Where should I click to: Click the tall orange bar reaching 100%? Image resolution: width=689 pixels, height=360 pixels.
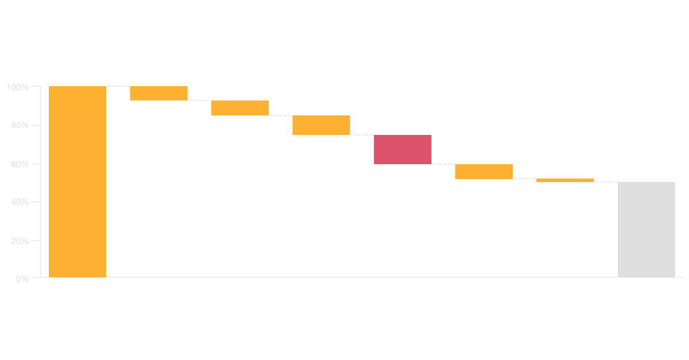(x=78, y=181)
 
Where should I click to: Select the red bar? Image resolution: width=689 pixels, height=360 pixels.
(x=402, y=149)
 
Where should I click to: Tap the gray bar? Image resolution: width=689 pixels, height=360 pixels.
(x=646, y=230)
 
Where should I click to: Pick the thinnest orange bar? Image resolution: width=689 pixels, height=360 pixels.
(x=565, y=180)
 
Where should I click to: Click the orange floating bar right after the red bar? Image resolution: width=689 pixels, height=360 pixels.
(x=484, y=172)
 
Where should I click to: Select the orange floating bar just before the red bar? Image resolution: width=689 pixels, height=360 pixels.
(x=321, y=125)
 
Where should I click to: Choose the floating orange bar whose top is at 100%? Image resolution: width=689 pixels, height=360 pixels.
(x=158, y=93)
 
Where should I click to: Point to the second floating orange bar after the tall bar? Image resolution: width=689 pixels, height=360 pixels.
(x=240, y=108)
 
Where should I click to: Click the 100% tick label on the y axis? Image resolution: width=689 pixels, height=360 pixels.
(x=17, y=87)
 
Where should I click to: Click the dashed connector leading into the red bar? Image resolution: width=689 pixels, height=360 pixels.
(x=362, y=135)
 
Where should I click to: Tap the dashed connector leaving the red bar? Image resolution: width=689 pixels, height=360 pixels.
(x=443, y=164)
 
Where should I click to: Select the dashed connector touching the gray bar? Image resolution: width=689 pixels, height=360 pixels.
(x=606, y=182)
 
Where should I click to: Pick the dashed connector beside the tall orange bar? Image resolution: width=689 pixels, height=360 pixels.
(x=118, y=86)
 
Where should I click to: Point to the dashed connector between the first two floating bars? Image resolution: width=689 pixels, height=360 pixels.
(x=199, y=100)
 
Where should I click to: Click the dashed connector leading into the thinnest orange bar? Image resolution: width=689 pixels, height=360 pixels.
(x=524, y=179)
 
